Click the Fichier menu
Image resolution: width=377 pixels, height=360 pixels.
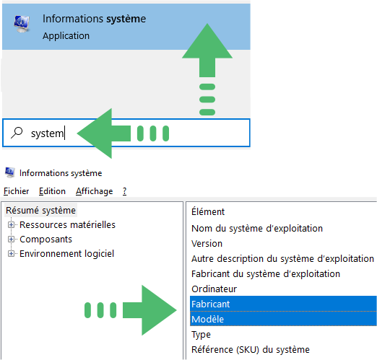click(16, 191)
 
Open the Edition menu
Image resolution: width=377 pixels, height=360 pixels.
click(52, 191)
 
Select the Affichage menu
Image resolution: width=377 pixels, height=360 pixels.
click(94, 191)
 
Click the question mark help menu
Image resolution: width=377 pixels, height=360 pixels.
click(124, 191)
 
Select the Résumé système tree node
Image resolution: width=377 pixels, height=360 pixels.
click(40, 211)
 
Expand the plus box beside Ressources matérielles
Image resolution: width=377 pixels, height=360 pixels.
click(11, 225)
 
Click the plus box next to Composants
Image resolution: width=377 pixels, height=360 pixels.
click(11, 240)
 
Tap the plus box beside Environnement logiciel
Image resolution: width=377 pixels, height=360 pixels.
click(11, 254)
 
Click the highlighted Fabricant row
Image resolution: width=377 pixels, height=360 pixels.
click(283, 304)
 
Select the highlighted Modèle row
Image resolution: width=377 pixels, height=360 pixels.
click(283, 319)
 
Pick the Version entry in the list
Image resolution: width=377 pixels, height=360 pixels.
click(207, 244)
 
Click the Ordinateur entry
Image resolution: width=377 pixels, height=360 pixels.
click(214, 289)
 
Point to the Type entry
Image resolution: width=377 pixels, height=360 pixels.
click(201, 335)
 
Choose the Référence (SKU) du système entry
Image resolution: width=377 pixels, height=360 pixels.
click(251, 350)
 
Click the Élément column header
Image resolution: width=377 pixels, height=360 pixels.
click(208, 211)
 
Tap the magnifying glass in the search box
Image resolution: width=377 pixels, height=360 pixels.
click(17, 133)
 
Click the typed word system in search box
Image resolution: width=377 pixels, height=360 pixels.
click(47, 133)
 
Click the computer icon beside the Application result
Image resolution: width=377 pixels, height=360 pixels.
click(22, 24)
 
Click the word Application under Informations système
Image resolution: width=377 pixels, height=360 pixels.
click(66, 36)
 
